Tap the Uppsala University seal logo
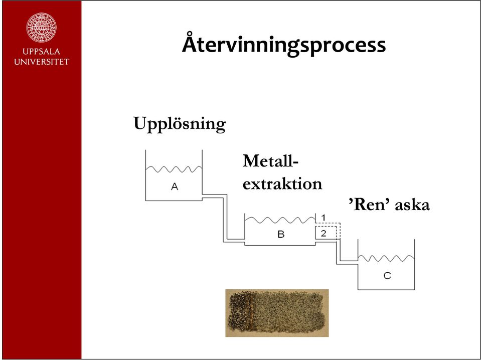(x=42, y=27)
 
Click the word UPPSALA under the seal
(x=42, y=51)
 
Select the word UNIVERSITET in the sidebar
(x=42, y=62)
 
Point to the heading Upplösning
(x=180, y=124)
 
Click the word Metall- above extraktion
(x=270, y=160)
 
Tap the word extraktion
(x=282, y=184)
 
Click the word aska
(x=412, y=205)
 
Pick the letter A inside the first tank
(x=175, y=186)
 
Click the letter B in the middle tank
(x=281, y=234)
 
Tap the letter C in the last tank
(x=387, y=276)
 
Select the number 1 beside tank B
(x=324, y=218)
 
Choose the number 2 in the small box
(x=324, y=233)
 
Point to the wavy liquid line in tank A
(x=174, y=169)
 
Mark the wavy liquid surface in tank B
(x=280, y=220)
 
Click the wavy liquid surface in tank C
(x=386, y=258)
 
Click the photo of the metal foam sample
(x=277, y=313)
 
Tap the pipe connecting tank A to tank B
(x=225, y=218)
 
